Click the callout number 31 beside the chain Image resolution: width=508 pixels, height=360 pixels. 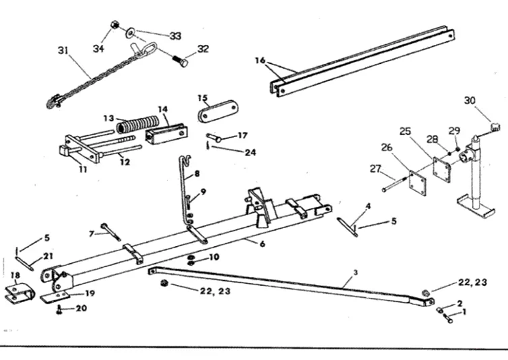pyautogui.click(x=63, y=50)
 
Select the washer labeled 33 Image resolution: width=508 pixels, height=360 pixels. pyautogui.click(x=129, y=31)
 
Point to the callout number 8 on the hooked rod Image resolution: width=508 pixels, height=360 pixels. pyautogui.click(x=197, y=175)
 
